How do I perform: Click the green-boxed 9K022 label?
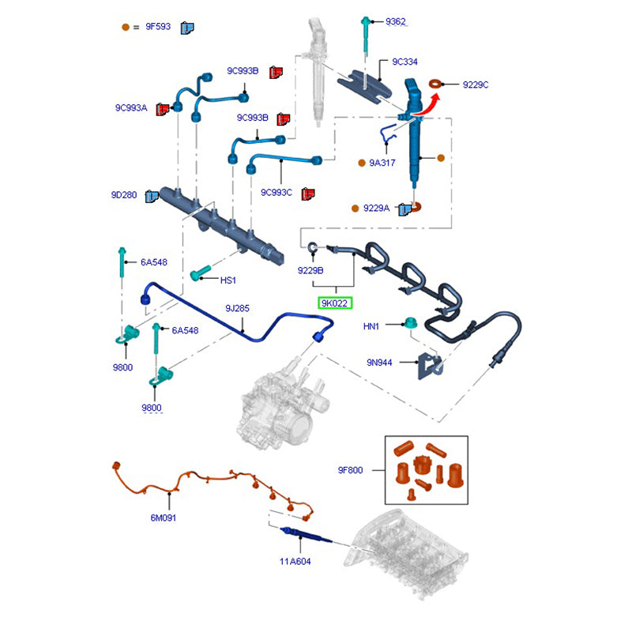click(334, 303)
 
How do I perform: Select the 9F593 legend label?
click(157, 27)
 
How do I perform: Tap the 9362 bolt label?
click(396, 21)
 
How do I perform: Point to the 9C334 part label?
click(405, 62)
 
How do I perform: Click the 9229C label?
click(476, 84)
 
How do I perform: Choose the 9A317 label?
click(383, 163)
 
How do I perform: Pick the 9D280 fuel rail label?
click(124, 195)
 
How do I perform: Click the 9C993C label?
click(276, 192)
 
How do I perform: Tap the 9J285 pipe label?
click(237, 309)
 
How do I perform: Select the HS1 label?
click(228, 280)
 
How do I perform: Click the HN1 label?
click(371, 325)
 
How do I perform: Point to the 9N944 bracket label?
click(380, 362)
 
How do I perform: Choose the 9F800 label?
click(350, 470)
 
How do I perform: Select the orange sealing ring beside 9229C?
click(435, 83)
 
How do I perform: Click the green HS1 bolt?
click(199, 274)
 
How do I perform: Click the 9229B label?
click(310, 271)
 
